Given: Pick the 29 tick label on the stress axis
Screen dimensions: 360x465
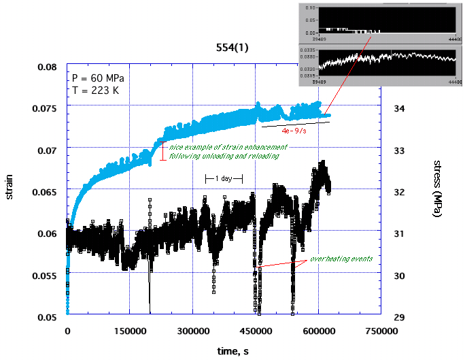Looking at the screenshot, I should pos(400,317).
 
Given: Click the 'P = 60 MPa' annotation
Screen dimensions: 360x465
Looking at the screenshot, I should pos(97,78).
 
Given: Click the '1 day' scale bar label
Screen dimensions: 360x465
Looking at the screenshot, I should pos(224,178).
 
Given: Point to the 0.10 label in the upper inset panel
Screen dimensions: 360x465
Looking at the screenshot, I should pos(310,7).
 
